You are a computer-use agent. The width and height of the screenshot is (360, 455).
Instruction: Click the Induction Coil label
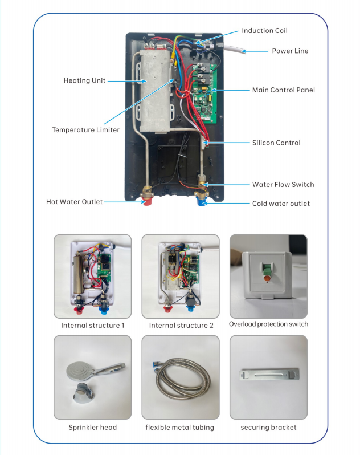(264, 30)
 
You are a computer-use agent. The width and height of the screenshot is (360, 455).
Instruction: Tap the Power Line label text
(290, 51)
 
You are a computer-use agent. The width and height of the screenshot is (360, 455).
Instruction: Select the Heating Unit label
(84, 80)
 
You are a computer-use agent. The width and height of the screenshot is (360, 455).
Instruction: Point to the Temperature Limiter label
(86, 129)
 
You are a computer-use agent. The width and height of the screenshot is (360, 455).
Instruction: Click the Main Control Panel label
(284, 90)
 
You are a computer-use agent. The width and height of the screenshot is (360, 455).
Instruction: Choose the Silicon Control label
(276, 143)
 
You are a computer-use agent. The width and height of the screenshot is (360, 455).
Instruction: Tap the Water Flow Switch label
(283, 185)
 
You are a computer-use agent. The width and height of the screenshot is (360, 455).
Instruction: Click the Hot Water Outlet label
(74, 202)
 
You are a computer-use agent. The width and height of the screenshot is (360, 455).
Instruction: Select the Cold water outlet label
(281, 204)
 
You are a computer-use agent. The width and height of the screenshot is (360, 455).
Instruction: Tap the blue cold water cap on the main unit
(201, 201)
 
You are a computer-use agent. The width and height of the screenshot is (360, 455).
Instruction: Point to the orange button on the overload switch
(267, 279)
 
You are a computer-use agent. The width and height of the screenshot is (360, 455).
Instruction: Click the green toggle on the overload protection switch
(267, 269)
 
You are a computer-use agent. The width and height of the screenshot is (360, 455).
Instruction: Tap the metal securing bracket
(269, 375)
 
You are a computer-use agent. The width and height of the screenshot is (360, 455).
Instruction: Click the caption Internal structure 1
(92, 326)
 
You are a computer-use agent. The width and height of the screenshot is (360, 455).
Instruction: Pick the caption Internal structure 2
(181, 326)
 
